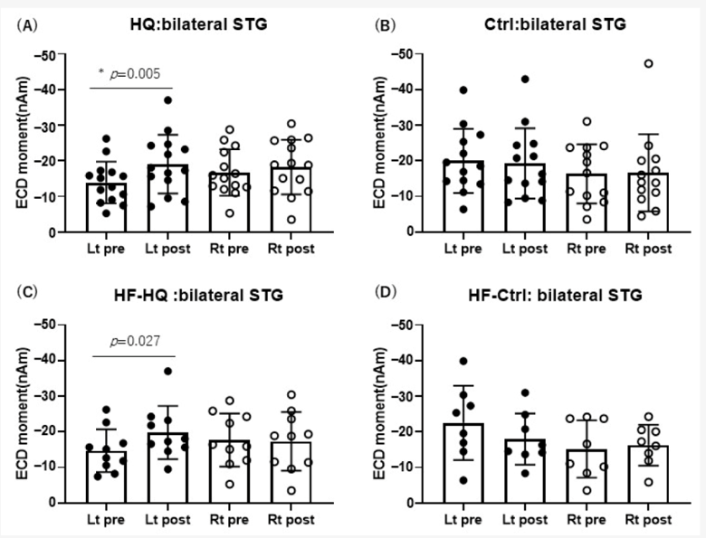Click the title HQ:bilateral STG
click(x=198, y=24)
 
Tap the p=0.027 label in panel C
click(x=135, y=342)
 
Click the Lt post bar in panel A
click(x=167, y=198)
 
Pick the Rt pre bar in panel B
click(x=587, y=203)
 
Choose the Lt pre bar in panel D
click(x=463, y=463)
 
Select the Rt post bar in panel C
click(x=291, y=472)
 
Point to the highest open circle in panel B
click(x=648, y=63)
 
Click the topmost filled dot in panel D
click(x=463, y=361)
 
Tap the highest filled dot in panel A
click(x=168, y=99)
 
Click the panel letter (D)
click(x=386, y=292)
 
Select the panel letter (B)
click(x=386, y=25)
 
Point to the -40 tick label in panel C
click(x=45, y=360)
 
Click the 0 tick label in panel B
click(x=410, y=231)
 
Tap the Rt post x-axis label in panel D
click(x=648, y=520)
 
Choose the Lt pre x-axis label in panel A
click(x=106, y=249)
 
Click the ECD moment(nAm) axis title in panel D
click(x=380, y=413)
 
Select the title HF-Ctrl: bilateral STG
click(x=555, y=296)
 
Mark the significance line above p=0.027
click(x=134, y=356)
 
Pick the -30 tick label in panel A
click(x=45, y=125)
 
